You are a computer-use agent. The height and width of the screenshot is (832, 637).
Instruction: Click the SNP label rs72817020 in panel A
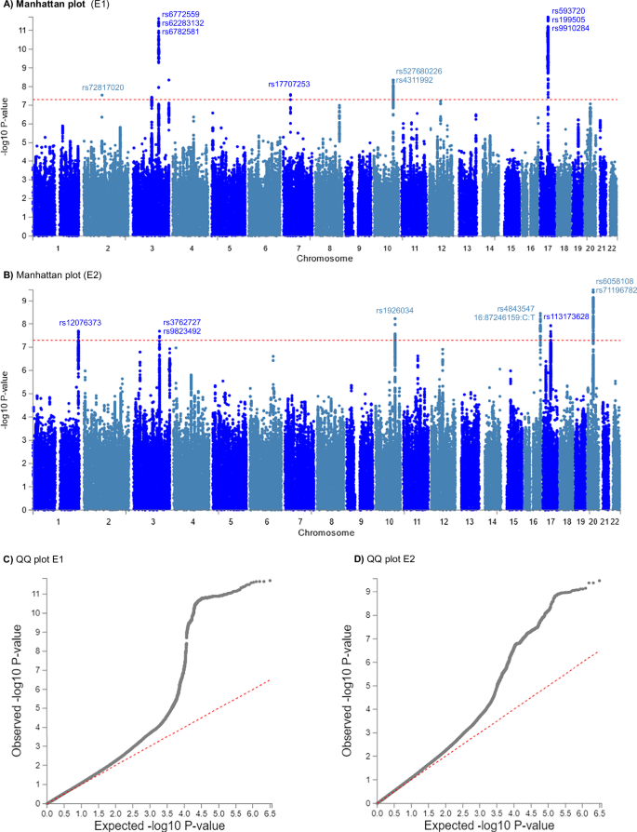pyautogui.click(x=103, y=87)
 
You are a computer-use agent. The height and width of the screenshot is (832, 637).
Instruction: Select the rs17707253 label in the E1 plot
pyautogui.click(x=289, y=84)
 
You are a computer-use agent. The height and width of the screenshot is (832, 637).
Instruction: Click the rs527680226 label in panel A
pyautogui.click(x=418, y=71)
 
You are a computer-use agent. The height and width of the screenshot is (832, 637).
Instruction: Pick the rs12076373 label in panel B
pyautogui.click(x=80, y=323)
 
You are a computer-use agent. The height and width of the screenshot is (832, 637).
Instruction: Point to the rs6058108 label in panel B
pyautogui.click(x=614, y=281)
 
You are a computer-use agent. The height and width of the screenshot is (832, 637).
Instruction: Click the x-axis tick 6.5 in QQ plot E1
pyautogui.click(x=270, y=812)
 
